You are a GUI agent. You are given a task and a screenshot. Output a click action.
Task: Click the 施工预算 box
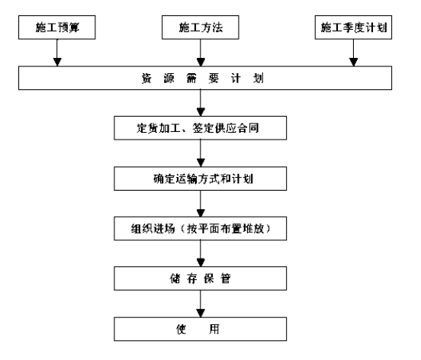[57, 27]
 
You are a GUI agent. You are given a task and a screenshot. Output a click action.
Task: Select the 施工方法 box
[201, 27]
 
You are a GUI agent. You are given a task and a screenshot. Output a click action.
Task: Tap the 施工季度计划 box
[353, 27]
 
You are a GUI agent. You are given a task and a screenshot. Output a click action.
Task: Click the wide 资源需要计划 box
[205, 78]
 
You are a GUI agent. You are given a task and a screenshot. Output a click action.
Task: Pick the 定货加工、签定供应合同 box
[201, 128]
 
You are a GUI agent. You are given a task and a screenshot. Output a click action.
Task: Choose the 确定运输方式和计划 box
[201, 178]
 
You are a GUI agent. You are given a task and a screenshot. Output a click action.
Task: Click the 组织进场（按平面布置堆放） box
[201, 229]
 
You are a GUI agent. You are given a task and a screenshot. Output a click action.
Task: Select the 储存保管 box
[201, 278]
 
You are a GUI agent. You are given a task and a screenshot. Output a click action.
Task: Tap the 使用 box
[201, 329]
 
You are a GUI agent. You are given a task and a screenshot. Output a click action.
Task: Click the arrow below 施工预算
[57, 53]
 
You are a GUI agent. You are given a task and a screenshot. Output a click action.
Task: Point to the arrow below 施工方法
[201, 53]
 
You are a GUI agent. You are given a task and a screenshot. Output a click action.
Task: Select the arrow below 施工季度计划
[354, 53]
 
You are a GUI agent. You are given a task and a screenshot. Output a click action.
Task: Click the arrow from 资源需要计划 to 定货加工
[201, 103]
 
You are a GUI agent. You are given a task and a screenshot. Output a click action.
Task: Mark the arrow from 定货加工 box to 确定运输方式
[201, 153]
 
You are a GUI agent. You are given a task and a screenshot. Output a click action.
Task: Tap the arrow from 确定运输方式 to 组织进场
[201, 204]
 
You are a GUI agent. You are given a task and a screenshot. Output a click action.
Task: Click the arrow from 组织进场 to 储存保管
[201, 253]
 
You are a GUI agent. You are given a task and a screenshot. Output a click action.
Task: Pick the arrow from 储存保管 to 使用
[201, 304]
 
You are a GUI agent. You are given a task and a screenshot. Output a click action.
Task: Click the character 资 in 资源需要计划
[146, 78]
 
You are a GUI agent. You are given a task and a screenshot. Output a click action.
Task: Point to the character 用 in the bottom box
[214, 329]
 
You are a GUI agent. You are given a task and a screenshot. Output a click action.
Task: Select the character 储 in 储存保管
[175, 278]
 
